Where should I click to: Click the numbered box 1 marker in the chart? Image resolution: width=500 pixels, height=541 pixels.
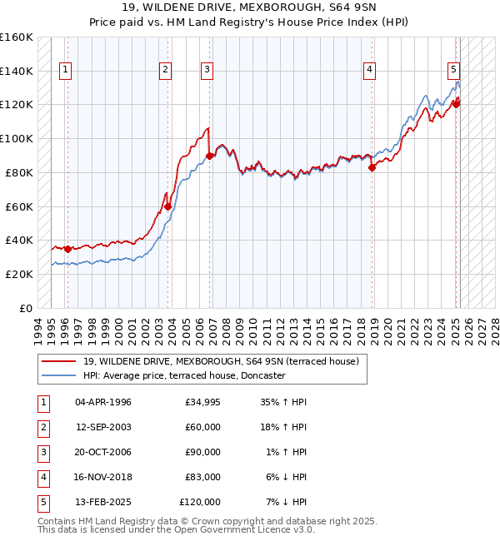tap(66, 70)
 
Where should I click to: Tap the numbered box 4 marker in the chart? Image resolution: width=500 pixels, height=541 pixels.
tap(368, 70)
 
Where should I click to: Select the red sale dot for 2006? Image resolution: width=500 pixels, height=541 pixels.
tap(209, 155)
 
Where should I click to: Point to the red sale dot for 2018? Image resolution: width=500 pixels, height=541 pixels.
tap(372, 167)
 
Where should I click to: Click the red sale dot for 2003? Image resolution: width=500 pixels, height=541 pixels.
tap(167, 206)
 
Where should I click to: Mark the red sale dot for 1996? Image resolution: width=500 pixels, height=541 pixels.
tap(67, 249)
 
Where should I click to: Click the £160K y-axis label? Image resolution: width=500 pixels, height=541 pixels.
tap(17, 37)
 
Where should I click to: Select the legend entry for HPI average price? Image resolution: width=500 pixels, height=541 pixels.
tap(185, 375)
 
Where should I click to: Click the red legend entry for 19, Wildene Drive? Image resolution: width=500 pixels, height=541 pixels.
tap(221, 361)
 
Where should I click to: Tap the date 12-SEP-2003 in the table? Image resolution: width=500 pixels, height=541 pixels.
tap(103, 427)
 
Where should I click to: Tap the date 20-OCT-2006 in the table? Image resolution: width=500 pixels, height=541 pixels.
tap(103, 452)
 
